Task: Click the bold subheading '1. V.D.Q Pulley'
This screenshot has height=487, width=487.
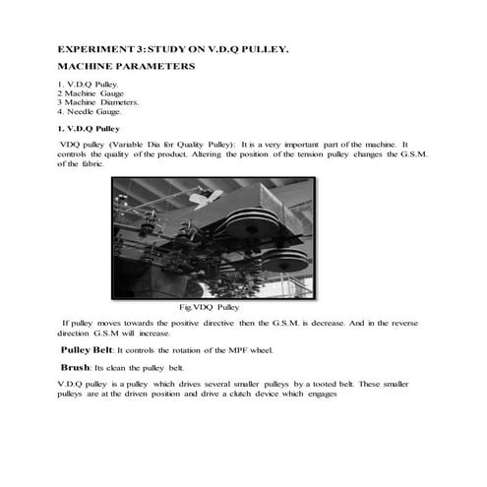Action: (x=89, y=128)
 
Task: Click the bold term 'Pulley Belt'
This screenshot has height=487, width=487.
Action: (x=88, y=349)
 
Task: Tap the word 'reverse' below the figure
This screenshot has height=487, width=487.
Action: (x=413, y=322)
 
